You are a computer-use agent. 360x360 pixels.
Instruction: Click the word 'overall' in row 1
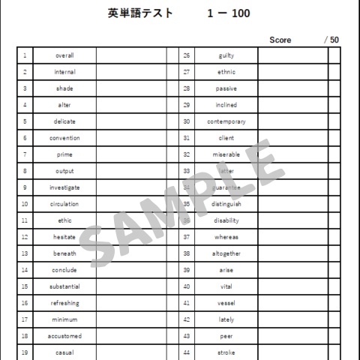pos(64,55)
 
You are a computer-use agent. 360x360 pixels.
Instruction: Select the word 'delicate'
pos(64,121)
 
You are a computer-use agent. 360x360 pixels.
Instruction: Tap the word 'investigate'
pos(64,187)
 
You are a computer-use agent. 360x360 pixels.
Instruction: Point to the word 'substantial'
pos(64,286)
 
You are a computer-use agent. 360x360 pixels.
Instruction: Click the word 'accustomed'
pos(64,336)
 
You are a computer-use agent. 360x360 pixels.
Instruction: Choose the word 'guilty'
pos(226,55)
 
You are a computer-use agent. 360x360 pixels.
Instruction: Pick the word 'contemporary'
pos(226,121)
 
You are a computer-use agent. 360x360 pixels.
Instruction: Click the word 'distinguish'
pos(226,204)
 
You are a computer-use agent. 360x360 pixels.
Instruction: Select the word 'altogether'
pos(226,253)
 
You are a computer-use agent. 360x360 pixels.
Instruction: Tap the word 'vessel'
pos(226,303)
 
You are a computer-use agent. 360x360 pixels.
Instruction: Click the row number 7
pos(25,154)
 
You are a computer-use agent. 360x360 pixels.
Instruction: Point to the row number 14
pos(25,270)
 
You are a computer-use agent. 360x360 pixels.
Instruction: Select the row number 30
pos(187,121)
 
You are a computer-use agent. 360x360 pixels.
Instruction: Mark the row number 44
pos(187,352)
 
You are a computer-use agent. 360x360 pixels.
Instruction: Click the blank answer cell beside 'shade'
pos(130,88)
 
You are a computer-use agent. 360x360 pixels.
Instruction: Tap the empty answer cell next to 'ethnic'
pos(292,72)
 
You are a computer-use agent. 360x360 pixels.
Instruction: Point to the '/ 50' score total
pos(331,40)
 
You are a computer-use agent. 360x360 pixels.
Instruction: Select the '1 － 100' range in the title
pos(229,13)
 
